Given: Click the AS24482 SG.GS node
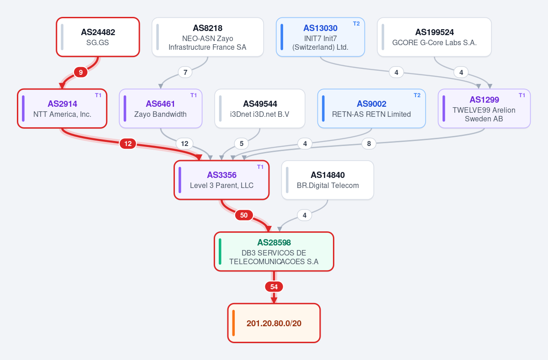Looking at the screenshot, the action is coord(98,37).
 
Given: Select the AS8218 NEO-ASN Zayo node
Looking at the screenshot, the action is coord(208,37).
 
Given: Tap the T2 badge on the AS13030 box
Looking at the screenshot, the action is coord(356,24).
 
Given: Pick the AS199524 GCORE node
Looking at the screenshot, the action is coord(434,37).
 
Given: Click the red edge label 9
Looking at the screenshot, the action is coord(81,73).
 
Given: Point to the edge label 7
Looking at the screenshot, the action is coord(185,73).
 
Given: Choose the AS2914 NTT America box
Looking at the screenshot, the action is coord(62,109).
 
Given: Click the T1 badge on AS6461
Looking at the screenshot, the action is coord(194,95).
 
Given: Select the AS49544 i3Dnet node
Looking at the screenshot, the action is coord(260,109).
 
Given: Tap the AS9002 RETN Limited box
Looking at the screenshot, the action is coord(371,109).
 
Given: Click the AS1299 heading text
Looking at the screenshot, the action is coord(484,100).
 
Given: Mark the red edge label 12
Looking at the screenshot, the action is coord(128,144).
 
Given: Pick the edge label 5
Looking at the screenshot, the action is coord(242,144).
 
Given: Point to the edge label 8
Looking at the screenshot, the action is coord(369,144).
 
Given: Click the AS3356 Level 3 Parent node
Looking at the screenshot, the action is coord(221,180).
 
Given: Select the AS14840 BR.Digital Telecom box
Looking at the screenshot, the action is coord(327,180).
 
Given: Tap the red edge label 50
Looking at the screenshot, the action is coord(244,215).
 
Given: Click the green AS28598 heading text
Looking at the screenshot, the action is coord(274,242).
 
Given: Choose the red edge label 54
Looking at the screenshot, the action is coord(274,287).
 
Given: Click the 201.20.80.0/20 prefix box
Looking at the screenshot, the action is coord(274,323).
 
